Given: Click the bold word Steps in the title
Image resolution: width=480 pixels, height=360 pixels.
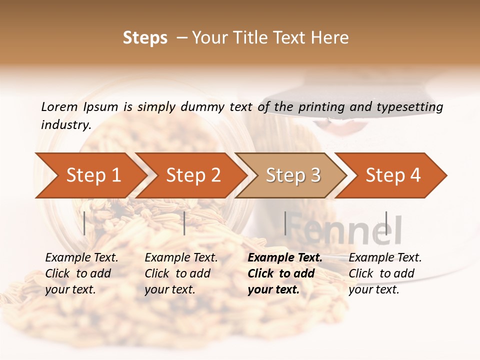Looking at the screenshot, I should point(145,38).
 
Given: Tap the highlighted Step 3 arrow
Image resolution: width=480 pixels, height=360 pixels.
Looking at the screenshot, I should point(293,175).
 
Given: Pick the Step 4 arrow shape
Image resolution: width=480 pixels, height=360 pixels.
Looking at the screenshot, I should point(393,175).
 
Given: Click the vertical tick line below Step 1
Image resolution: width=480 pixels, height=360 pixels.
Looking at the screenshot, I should point(84,223).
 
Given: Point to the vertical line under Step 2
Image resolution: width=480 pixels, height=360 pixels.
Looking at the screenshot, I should point(184,223).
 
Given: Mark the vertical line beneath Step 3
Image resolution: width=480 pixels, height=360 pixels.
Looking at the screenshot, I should point(285,223).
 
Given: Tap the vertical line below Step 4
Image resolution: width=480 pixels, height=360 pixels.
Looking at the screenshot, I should point(386,223).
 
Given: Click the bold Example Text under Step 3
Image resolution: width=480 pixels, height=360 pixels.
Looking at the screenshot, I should point(285,258).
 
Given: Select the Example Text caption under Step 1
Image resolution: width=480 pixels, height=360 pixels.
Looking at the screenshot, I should point(81,258).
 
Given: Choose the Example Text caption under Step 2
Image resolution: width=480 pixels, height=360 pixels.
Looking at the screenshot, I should point(181,258).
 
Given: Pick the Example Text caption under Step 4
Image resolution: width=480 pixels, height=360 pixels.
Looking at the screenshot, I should point(385,258).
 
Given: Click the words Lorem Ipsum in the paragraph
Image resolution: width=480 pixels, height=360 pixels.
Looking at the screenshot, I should point(79,106).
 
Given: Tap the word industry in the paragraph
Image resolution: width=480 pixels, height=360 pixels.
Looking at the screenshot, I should point(65,124).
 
